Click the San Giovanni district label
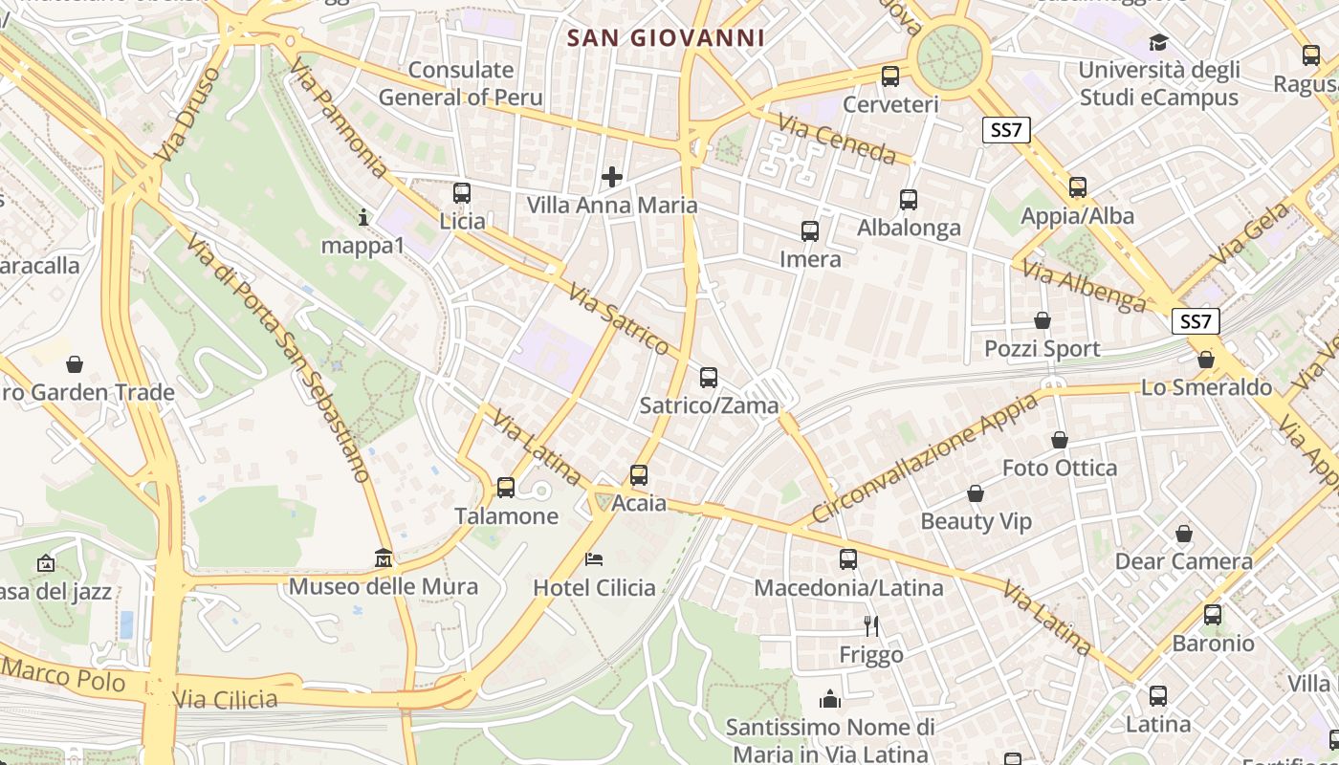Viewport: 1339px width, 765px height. [666, 38]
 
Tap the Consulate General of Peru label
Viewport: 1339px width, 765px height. [460, 83]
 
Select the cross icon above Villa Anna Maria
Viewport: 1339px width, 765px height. [612, 177]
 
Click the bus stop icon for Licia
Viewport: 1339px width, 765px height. [462, 193]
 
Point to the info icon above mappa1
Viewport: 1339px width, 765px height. [362, 217]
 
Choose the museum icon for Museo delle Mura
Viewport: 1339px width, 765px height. [384, 557]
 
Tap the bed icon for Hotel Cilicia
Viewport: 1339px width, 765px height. [594, 559]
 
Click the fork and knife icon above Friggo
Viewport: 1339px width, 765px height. [870, 626]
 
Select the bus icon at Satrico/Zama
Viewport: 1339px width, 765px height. [708, 378]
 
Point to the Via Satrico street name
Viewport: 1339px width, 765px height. [618, 319]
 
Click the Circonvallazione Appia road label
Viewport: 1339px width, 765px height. [924, 457]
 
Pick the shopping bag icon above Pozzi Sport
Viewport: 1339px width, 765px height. [1043, 320]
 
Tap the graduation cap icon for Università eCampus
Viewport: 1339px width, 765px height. [1158, 42]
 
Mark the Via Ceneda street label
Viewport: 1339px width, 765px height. [836, 140]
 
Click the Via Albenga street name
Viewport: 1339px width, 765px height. [1084, 285]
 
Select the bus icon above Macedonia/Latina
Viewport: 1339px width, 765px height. [848, 559]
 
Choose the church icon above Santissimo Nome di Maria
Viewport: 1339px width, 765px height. [829, 699]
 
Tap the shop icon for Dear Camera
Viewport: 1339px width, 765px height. [1184, 534]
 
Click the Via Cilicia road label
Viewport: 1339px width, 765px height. [226, 699]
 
